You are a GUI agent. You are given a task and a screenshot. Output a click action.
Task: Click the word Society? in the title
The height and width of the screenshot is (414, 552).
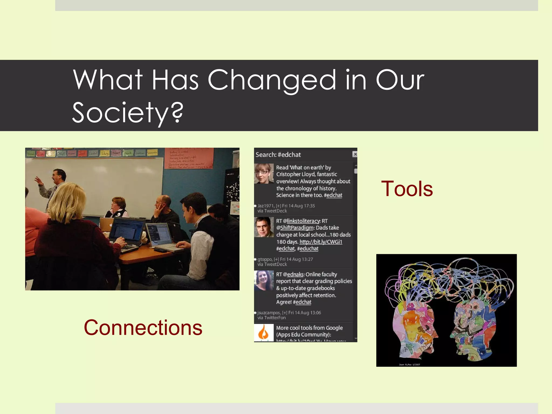coord(128,112)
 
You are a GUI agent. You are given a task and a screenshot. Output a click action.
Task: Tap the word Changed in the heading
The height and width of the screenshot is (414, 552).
coord(272,80)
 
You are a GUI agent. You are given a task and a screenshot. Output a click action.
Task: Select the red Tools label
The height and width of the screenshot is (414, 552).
coord(407,189)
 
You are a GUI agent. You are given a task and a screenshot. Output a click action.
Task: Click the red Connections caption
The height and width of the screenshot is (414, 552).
coord(143,327)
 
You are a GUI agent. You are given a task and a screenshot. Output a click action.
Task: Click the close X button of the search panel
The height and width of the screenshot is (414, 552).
coord(355,154)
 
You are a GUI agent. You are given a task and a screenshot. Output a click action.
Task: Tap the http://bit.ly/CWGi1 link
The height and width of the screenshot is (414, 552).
coord(321,242)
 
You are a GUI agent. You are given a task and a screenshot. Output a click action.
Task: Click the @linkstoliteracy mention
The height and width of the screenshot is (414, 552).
coord(303,221)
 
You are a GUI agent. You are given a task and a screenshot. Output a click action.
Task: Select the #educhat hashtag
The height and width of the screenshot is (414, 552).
coord(309,249)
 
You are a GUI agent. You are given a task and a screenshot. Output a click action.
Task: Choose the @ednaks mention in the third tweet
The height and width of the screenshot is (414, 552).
coord(295,274)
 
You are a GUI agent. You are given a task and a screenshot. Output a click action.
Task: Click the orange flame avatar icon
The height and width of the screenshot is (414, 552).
coord(264,333)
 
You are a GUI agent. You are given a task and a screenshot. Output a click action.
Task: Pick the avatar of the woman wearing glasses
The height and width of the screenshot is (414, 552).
coord(264,173)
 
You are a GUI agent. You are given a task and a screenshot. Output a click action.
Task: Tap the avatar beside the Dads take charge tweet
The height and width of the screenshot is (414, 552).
coord(264,227)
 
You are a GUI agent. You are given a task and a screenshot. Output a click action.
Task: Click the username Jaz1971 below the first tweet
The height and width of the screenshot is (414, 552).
coord(266,206)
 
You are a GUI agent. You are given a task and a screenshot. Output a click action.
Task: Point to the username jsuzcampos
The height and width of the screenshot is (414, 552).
coord(269,313)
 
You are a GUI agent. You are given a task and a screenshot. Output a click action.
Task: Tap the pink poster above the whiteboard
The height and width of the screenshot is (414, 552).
coord(189,158)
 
